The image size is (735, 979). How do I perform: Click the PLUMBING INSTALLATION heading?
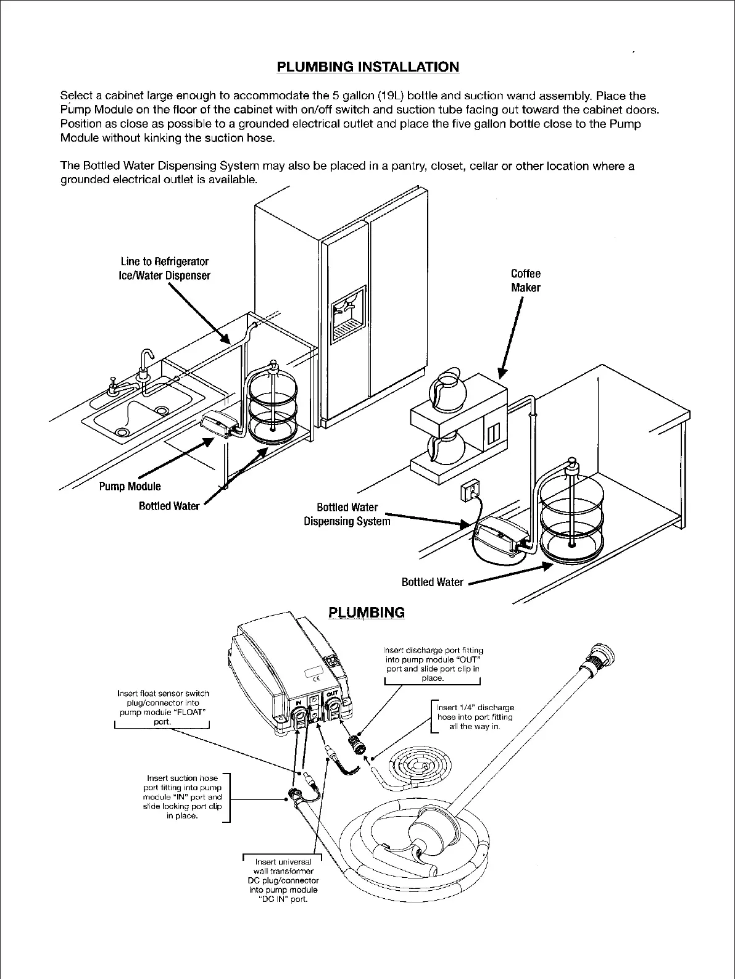coord(367,67)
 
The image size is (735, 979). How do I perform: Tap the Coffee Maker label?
coord(525,281)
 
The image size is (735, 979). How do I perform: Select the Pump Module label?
coord(130,486)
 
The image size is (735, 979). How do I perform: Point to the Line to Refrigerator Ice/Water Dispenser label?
coord(164,268)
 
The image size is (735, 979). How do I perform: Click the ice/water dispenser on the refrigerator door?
coord(349,313)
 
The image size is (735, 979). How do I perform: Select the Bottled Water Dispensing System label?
coord(347,514)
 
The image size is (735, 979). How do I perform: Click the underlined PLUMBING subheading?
coord(367,613)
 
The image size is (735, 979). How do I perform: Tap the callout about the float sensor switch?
coord(163,708)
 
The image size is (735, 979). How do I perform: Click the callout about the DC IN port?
coord(283,880)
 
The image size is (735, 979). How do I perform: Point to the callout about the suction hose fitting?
coord(182,797)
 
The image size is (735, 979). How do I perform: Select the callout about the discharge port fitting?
coord(433,664)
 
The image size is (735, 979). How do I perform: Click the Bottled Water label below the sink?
coord(169,506)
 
